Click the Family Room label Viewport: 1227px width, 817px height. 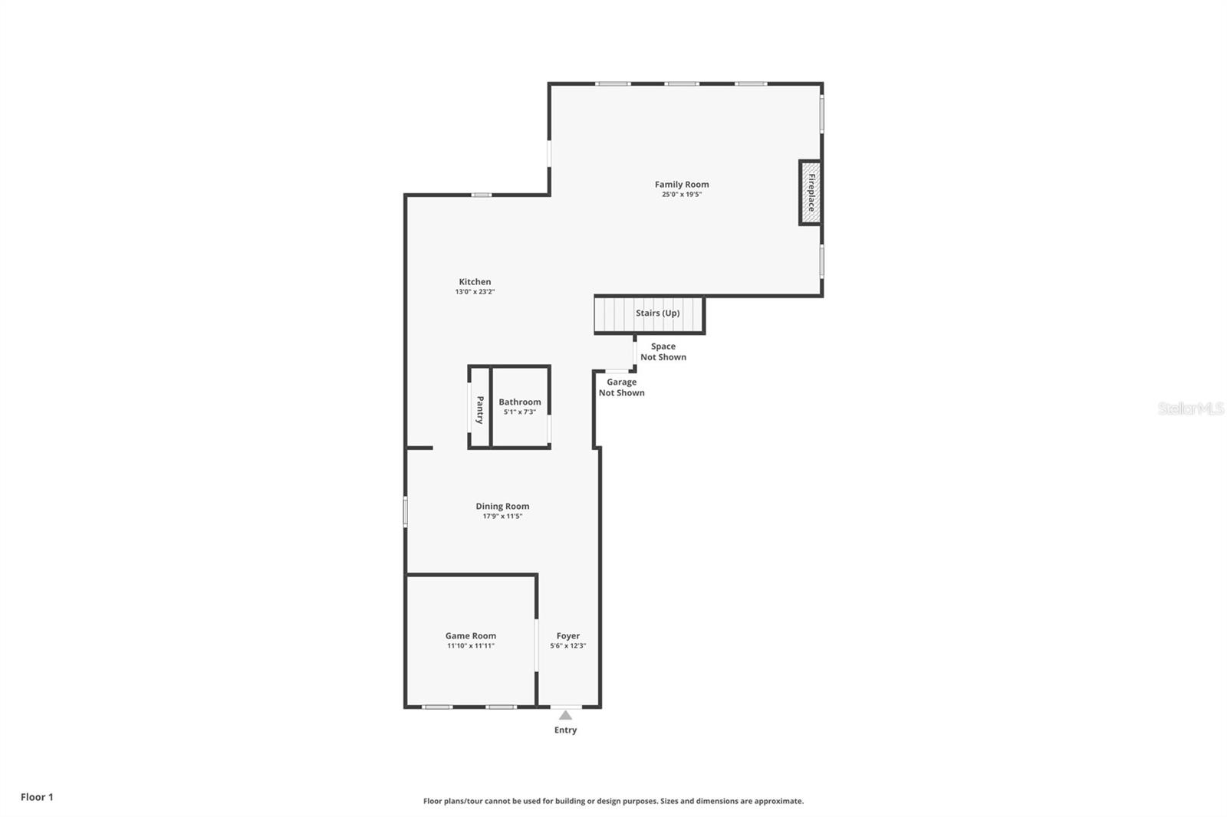point(681,184)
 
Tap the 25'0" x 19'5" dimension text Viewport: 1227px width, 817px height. point(681,195)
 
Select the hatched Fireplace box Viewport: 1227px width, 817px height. point(810,192)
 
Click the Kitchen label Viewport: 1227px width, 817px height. point(475,281)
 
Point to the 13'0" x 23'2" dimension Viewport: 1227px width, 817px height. point(475,292)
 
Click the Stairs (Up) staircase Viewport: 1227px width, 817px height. point(649,313)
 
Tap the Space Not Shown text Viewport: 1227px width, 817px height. point(663,352)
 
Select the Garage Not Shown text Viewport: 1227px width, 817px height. point(621,387)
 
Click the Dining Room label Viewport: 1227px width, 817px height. point(502,506)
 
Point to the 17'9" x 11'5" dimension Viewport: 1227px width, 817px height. point(502,517)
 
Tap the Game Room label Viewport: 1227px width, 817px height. point(470,635)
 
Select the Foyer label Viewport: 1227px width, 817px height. point(567,635)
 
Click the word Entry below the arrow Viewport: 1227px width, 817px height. point(565,730)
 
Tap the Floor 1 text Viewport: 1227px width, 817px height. point(37,797)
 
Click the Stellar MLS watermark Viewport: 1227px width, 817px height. point(1190,408)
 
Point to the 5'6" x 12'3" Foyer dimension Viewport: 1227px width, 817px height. point(567,646)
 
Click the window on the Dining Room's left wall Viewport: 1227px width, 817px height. point(406,512)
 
